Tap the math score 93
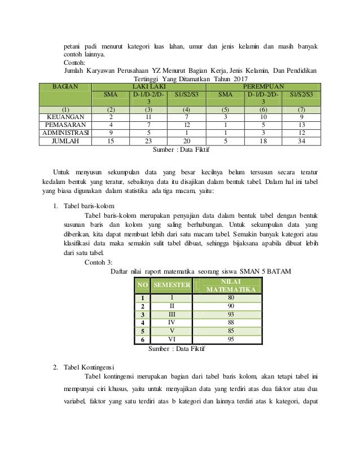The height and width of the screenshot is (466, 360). point(231,314)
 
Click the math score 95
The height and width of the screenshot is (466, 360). point(231,339)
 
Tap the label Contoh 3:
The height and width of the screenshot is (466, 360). point(98,262)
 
